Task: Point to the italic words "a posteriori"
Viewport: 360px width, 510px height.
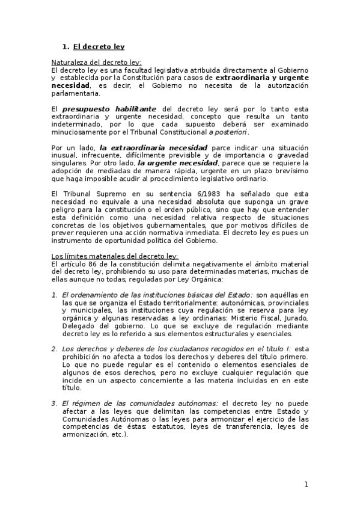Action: coord(228,132)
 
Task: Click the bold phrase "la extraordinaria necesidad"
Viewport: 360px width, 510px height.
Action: coord(145,148)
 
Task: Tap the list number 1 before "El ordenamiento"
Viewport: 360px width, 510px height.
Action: coord(53,295)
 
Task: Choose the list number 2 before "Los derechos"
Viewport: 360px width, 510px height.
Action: coord(53,349)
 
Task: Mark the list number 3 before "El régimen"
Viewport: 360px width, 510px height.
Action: coord(53,403)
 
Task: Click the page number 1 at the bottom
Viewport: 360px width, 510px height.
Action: coord(306,485)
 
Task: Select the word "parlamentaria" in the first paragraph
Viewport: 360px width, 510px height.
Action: coord(74,93)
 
